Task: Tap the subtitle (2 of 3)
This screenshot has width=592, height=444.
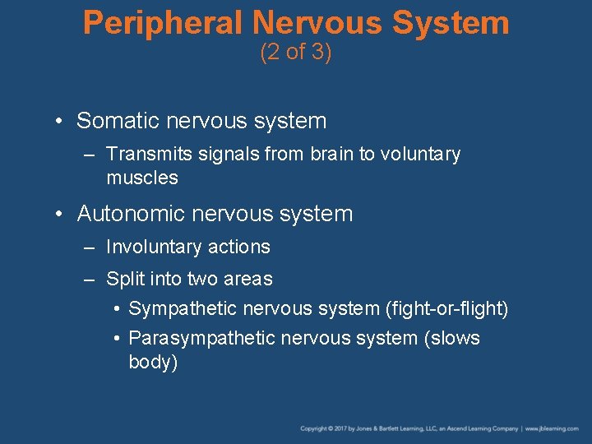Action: [x=295, y=53]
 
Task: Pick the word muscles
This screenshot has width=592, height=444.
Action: [x=141, y=178]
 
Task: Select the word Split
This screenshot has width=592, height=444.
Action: [x=124, y=280]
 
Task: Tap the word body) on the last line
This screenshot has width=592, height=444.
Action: [x=153, y=363]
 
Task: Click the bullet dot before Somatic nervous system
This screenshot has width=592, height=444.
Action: [x=61, y=122]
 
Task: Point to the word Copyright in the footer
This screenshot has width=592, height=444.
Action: [x=314, y=429]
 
